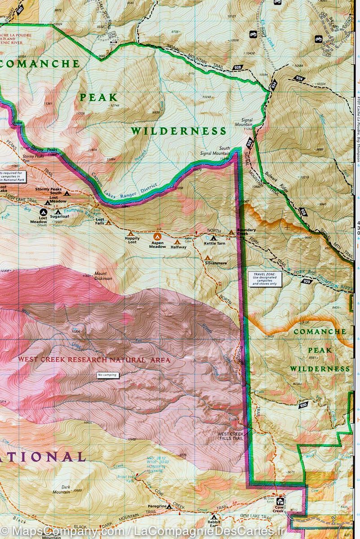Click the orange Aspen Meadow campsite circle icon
(157, 236)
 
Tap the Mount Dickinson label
(103, 276)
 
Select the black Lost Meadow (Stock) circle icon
(44, 212)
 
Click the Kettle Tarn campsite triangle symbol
(213, 238)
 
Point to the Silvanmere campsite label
(215, 263)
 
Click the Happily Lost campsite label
(132, 240)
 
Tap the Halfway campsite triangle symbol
(177, 241)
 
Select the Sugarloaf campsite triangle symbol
(58, 211)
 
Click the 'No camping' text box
(107, 375)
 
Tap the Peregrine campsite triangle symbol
(169, 506)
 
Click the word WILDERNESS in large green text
(178, 131)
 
